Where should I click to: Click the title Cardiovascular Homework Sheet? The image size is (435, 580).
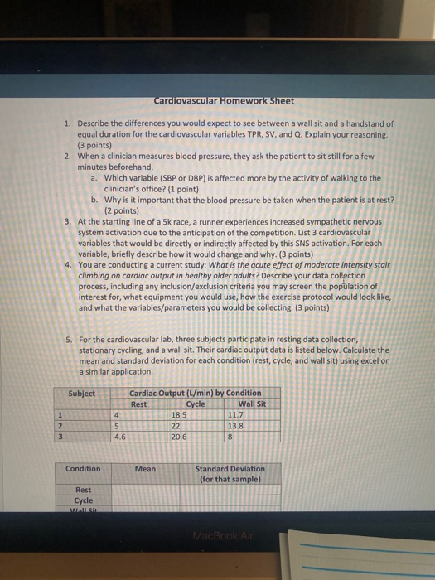point(224,101)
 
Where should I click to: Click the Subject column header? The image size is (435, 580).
point(82,393)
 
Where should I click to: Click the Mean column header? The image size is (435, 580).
point(145,469)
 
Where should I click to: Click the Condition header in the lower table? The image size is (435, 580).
point(83,469)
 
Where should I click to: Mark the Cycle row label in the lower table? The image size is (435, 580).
point(84,500)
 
